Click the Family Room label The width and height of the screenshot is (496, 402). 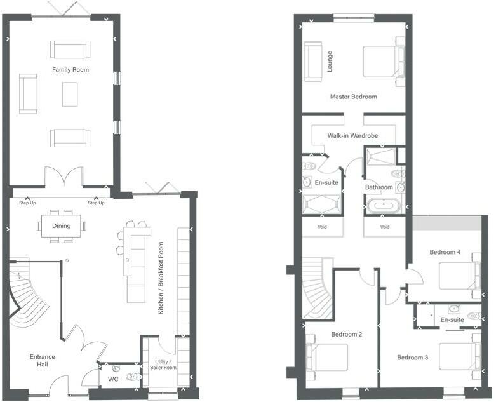pos(70,69)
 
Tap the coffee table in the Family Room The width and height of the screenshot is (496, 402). pos(70,94)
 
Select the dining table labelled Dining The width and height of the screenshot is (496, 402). pos(62,225)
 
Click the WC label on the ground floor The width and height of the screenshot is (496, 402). pos(113,379)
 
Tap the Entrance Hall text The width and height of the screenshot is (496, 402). pos(43,361)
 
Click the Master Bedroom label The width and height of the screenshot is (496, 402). pos(353,97)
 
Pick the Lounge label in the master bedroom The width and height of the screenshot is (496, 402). pos(330,62)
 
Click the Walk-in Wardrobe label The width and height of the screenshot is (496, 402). pos(352,136)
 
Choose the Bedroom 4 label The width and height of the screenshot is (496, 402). pos(445,252)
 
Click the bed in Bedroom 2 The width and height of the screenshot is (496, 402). pos(328,357)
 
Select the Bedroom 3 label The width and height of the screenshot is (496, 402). pos(412,358)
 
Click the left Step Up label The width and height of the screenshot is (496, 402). pos(27,203)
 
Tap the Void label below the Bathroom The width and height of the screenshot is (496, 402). pos(384,227)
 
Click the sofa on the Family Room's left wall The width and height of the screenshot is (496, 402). pos(29,93)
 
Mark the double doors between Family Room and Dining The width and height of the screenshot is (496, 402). pos(64,178)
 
